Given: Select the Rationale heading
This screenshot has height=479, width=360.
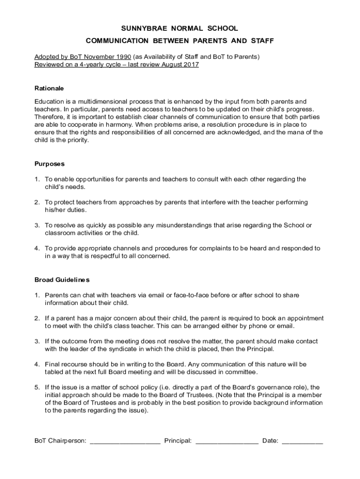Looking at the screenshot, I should (49, 88).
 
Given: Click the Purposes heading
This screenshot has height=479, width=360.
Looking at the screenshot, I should (50, 164).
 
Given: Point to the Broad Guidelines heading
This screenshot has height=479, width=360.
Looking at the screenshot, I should (62, 280).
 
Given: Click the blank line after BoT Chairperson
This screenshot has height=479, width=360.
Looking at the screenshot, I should (125, 441).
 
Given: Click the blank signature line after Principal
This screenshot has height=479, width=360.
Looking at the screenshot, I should (227, 441).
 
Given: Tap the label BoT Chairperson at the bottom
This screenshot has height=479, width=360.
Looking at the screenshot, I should (60, 441).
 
